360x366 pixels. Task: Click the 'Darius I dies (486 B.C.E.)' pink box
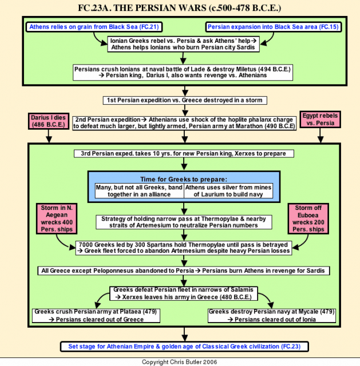pos(49,121)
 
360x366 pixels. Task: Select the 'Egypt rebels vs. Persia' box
pos(320,120)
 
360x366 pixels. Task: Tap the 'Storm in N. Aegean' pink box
pos(57,218)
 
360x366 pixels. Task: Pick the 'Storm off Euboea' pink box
pos(308,218)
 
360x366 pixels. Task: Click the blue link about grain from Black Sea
pos(94,27)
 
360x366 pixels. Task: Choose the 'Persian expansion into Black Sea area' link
pos(274,27)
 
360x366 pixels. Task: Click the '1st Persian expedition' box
pos(185,101)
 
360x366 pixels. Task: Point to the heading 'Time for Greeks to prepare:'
pos(184,179)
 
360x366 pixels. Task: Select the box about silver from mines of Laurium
pos(228,190)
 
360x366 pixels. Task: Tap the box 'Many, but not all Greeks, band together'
pos(140,190)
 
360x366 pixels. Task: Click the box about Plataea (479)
pos(96,316)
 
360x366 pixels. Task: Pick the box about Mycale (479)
pos(272,316)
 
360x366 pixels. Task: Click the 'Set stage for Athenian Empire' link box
pos(184,347)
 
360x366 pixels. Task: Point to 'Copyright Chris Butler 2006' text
pos(179,362)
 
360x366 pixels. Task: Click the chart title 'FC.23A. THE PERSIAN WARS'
pos(179,7)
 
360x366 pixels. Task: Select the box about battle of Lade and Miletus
pos(183,73)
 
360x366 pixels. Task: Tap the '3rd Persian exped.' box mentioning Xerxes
pos(184,154)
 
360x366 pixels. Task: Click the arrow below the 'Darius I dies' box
pos(49,136)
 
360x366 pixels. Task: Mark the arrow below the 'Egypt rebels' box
pos(320,136)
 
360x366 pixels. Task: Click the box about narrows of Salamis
pos(184,293)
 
